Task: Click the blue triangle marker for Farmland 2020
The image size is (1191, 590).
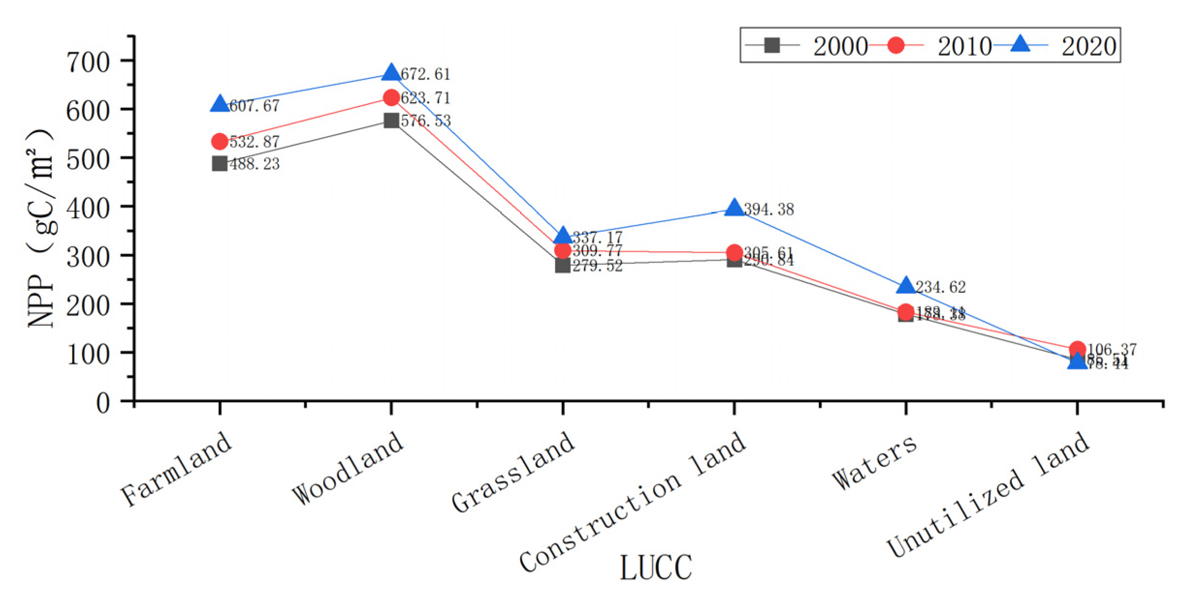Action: pos(220,104)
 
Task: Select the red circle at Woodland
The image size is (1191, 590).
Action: pos(391,98)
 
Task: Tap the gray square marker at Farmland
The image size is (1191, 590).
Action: pos(220,164)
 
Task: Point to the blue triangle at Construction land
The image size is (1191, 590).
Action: pos(734,208)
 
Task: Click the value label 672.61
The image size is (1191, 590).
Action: pos(425,74)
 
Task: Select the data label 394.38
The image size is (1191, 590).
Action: pos(769,210)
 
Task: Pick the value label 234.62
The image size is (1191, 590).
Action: pos(941,287)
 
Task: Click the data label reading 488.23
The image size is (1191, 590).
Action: pos(254,164)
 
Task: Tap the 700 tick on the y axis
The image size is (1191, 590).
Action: pos(88,62)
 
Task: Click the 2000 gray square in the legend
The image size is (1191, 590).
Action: pos(772,45)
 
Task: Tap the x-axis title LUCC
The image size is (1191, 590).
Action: pos(656,567)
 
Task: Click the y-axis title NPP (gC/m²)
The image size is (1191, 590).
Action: pos(41,228)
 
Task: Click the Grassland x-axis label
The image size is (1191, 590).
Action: pos(513,471)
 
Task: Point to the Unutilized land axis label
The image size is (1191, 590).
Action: pos(988,494)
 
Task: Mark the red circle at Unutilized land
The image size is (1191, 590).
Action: pos(1077,349)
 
